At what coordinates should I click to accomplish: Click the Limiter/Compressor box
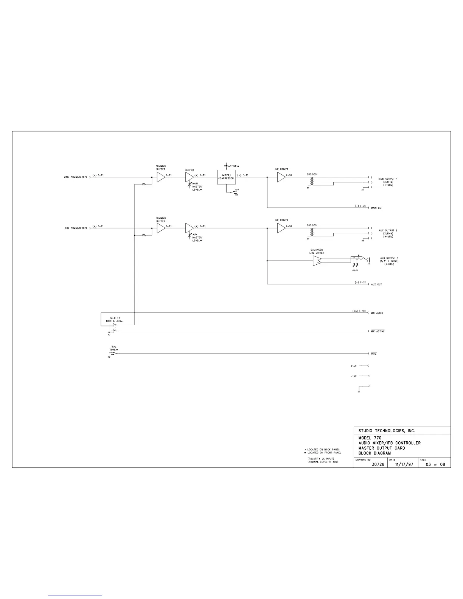(226, 177)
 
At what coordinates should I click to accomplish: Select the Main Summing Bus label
(75, 177)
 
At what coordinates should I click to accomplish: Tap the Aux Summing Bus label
(76, 228)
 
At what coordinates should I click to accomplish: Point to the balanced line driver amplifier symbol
(317, 261)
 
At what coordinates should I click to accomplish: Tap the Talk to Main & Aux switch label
(115, 320)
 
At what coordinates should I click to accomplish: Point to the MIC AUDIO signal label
(378, 313)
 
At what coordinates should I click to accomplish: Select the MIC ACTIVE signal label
(378, 331)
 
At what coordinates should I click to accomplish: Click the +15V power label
(354, 366)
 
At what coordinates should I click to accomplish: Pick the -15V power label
(354, 376)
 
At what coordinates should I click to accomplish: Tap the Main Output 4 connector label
(388, 182)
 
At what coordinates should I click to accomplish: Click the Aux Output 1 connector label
(389, 261)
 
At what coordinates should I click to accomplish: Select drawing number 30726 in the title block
(378, 464)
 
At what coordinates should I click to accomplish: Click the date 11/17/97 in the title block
(404, 464)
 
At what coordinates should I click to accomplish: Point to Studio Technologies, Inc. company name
(387, 431)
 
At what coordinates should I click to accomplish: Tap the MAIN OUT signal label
(377, 208)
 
